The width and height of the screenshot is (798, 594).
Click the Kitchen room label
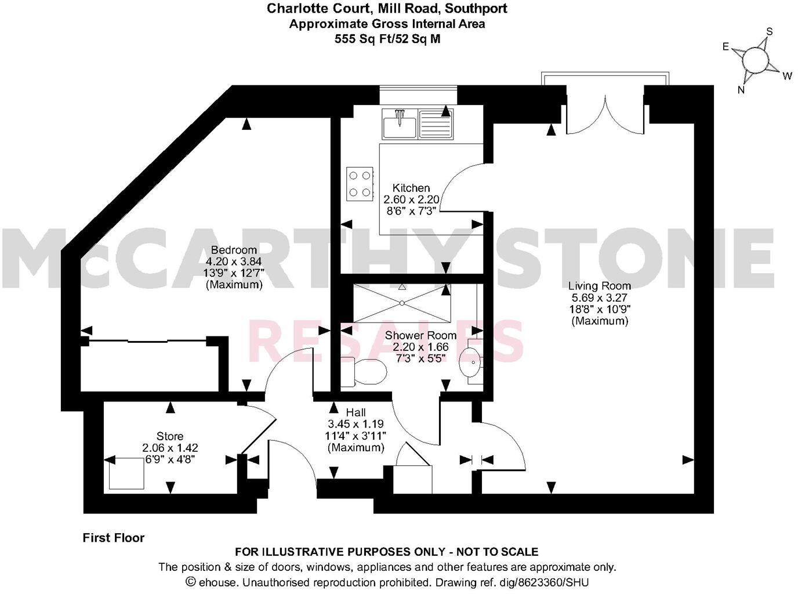[411, 188]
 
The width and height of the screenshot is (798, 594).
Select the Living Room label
[600, 285]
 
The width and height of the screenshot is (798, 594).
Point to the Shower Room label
[420, 335]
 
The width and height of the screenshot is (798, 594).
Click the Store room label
[170, 436]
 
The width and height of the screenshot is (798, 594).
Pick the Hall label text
[356, 412]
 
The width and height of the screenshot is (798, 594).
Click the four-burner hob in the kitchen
[360, 183]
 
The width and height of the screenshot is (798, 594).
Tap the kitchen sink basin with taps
[399, 124]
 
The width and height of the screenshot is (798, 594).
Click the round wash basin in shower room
[469, 364]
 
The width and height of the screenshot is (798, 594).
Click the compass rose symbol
[755, 60]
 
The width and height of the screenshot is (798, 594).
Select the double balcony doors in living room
[605, 114]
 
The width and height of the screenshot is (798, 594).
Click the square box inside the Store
[126, 473]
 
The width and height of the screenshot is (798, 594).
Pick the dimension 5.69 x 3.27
[600, 298]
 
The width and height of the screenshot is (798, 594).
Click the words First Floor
[114, 538]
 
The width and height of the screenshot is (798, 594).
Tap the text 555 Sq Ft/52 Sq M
[387, 39]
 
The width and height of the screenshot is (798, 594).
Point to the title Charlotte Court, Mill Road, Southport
[387, 8]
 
